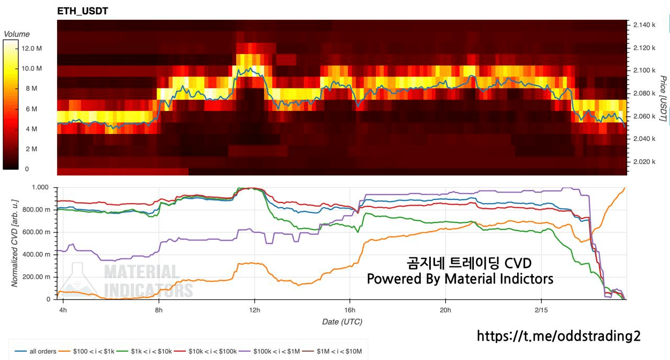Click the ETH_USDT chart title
[83, 11]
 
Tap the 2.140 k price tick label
[644, 25]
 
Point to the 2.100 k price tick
[644, 70]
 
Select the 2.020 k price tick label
[644, 162]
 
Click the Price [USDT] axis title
[663, 99]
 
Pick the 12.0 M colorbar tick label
[32, 48]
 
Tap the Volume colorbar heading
[17, 34]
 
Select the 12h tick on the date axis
[254, 310]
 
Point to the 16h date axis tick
[350, 310]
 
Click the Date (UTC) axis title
[342, 322]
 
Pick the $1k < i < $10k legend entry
[151, 351]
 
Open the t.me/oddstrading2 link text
[559, 336]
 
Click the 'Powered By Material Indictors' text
[460, 279]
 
